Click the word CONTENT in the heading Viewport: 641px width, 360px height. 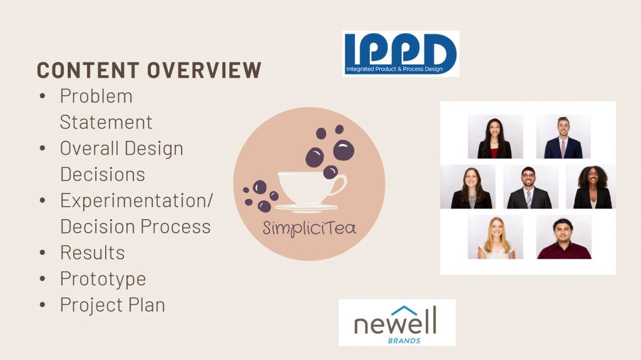(x=88, y=70)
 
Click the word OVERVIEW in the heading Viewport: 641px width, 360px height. (x=205, y=70)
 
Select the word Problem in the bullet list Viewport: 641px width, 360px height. (x=96, y=96)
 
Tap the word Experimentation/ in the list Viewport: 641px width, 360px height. (x=136, y=201)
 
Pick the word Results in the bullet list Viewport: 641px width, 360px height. (x=93, y=253)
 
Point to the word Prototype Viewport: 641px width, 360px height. (x=103, y=279)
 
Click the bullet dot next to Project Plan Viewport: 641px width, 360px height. (x=43, y=305)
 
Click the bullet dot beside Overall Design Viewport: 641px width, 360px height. (x=43, y=148)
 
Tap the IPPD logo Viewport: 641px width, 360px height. (x=401, y=54)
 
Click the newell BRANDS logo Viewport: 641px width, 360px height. (x=397, y=322)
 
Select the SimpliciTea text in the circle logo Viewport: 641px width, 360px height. (x=309, y=227)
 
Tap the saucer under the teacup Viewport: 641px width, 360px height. (x=307, y=208)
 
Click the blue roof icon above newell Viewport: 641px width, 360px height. (x=404, y=311)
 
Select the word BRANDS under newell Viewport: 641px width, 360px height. (x=404, y=341)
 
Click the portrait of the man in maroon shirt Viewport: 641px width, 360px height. (x=564, y=237)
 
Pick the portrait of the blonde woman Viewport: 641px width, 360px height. (x=496, y=237)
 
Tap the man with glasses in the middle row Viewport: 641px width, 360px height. (x=531, y=187)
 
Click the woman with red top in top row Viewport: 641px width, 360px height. (x=496, y=136)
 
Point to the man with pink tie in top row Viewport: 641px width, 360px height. (x=563, y=136)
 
